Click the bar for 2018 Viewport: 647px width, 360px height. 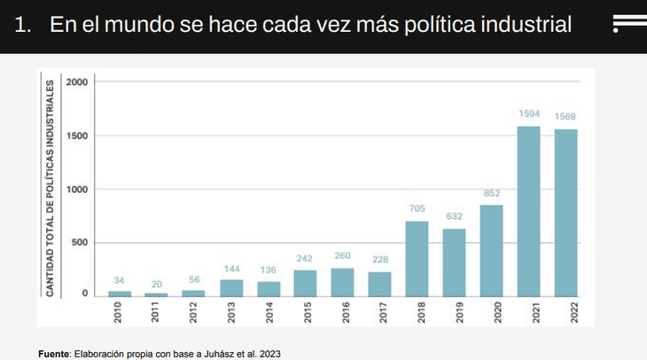point(417,257)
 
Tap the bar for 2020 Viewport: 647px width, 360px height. point(491,250)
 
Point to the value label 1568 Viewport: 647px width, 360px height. point(565,116)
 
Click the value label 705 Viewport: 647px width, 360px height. point(417,209)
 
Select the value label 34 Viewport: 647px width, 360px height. point(119,280)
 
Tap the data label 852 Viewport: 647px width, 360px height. point(491,193)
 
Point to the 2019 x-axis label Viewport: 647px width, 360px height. point(454,314)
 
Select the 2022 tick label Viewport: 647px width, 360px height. point(565,314)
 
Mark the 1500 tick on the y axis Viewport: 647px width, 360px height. point(78,136)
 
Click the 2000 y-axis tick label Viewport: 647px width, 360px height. point(78,82)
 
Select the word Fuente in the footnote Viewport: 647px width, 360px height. point(54,354)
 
